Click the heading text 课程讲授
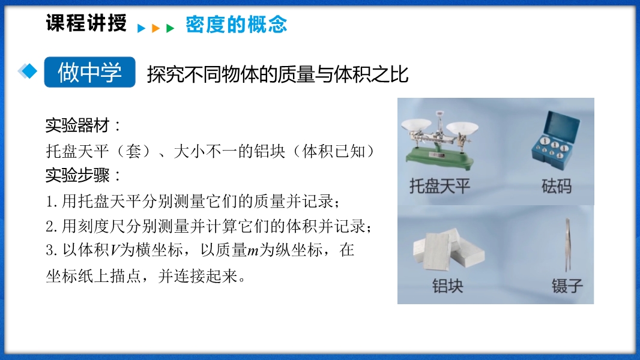pos(86,23)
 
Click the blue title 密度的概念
pos(237,24)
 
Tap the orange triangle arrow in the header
pos(155,28)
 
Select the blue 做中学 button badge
pos(90,72)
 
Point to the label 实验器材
pos(77,125)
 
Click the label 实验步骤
pos(77,175)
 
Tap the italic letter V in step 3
pos(115,250)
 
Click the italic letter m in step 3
pos(253,250)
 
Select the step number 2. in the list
pos(52,226)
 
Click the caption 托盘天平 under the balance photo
pos(439,187)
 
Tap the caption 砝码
pos(557,187)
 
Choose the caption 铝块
pos(448,286)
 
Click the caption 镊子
pos(567,286)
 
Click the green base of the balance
pos(439,158)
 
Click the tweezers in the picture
pos(567,244)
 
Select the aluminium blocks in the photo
pos(448,249)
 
